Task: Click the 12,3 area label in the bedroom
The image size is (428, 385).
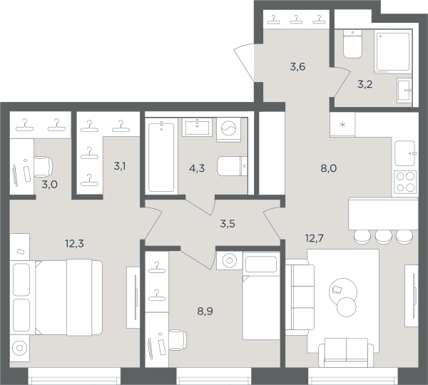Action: (74, 243)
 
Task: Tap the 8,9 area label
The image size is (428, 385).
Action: (205, 311)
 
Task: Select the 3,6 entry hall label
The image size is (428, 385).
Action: (297, 66)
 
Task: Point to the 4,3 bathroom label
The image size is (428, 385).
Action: (197, 168)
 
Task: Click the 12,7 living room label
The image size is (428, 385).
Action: (315, 238)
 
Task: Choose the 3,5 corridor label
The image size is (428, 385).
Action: (228, 224)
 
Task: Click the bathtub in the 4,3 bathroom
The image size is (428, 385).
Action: (161, 157)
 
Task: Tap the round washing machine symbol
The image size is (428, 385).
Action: (229, 130)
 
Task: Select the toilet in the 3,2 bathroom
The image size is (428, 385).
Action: (352, 44)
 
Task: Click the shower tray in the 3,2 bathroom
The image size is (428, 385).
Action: (393, 51)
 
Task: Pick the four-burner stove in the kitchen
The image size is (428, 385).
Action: (405, 182)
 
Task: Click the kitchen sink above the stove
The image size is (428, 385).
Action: (405, 153)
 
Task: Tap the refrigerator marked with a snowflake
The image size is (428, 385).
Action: (342, 125)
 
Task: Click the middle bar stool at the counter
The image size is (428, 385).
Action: (384, 237)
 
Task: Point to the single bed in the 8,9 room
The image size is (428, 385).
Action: (261, 296)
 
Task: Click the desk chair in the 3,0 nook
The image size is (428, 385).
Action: (44, 167)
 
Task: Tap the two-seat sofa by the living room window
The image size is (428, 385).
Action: (346, 352)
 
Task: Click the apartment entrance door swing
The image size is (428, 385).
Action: (244, 61)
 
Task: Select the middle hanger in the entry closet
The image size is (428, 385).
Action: (296, 19)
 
